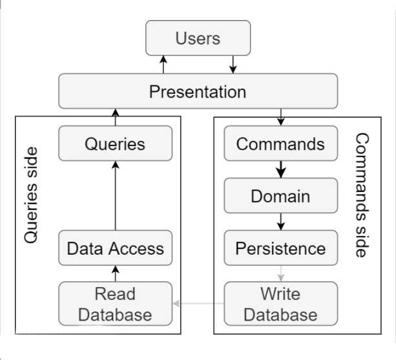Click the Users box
coord(198,38)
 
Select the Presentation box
coord(198,91)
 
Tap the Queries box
coord(116,143)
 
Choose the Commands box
coord(281,143)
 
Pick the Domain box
coord(281,196)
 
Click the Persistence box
coord(281,248)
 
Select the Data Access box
coord(116,248)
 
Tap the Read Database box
coord(116,304)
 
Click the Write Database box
coord(281,304)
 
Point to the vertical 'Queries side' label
coord(31,195)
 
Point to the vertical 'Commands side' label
coord(362,195)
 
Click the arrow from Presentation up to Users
coord(163,65)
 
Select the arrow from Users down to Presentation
coord(233,65)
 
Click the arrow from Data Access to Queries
coord(116,196)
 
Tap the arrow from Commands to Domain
coord(281,169)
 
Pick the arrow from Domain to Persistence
coord(281,222)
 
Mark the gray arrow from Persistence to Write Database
coord(281,273)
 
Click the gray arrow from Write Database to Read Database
coord(198,303)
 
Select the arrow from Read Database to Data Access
coord(116,273)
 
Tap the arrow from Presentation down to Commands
coord(281,117)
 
